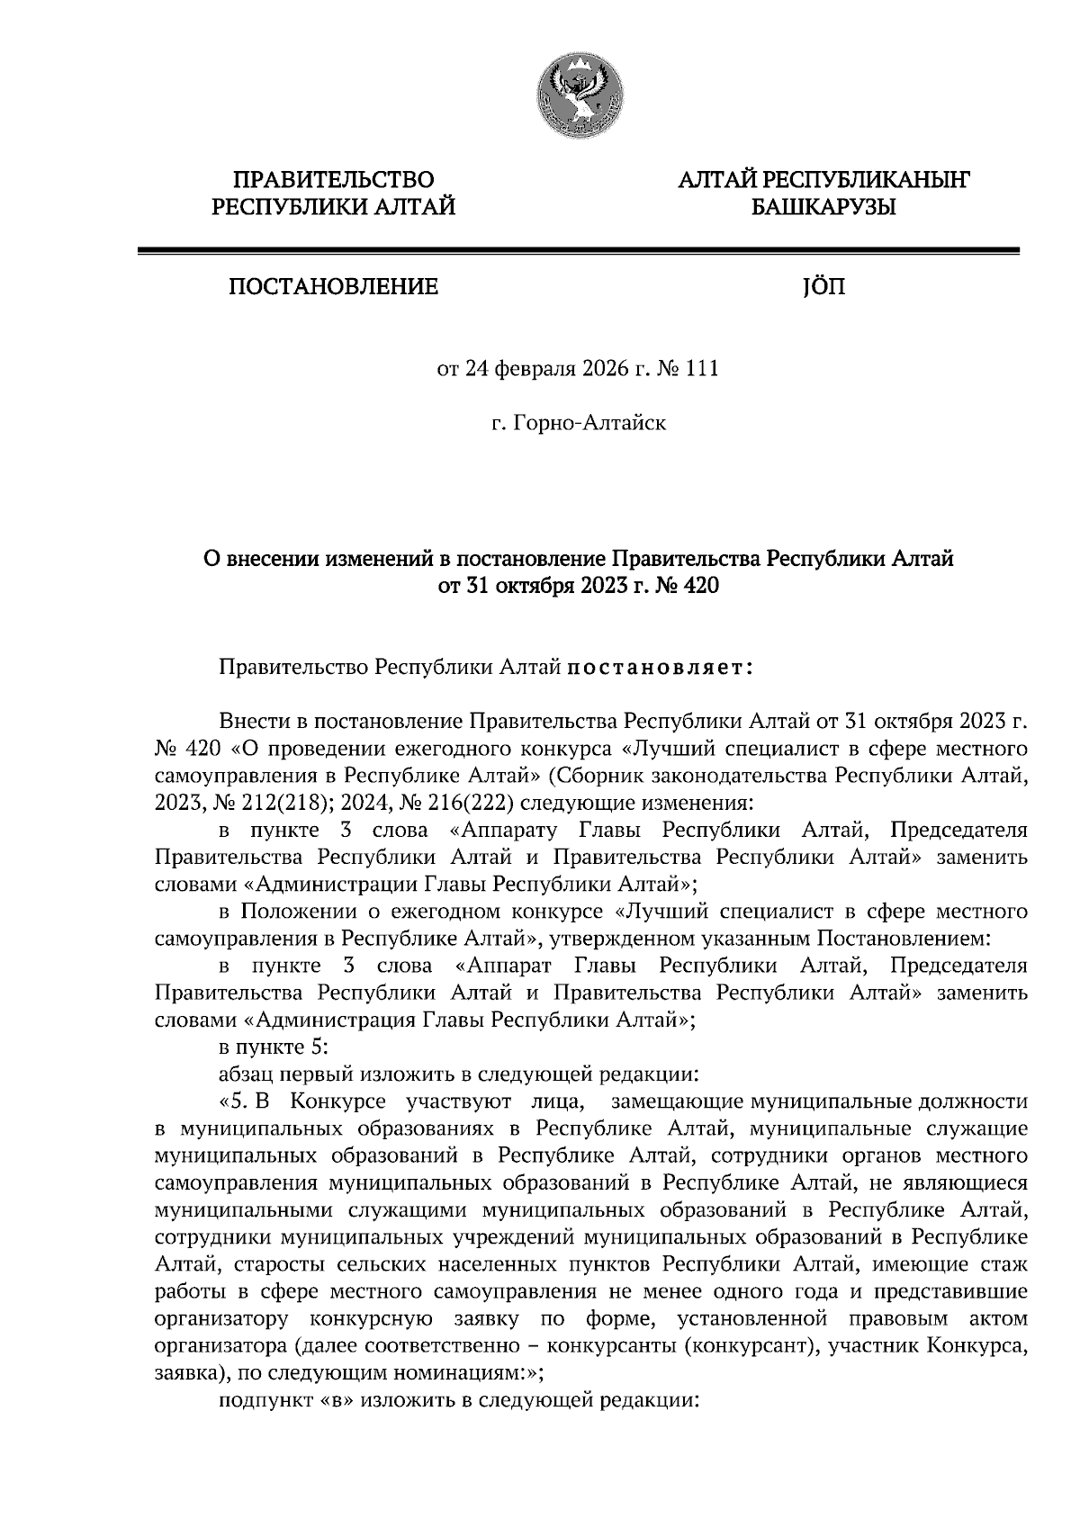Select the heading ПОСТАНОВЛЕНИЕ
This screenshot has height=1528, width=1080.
(x=333, y=287)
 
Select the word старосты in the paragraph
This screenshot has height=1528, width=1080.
(x=273, y=1264)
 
